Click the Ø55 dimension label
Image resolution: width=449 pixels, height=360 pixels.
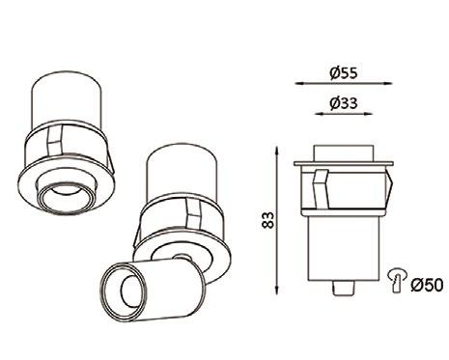pos(344,73)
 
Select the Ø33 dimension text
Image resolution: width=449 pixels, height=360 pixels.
pos(344,103)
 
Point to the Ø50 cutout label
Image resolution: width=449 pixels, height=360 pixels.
pos(427,285)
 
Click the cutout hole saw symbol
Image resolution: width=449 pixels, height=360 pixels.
pos(398,279)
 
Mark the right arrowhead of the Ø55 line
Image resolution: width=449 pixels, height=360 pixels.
pos(387,83)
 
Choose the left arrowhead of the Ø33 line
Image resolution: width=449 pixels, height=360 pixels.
pos(320,114)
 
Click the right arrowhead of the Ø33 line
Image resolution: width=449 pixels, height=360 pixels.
pos(368,114)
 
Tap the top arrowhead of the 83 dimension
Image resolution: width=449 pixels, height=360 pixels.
pos(276,152)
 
